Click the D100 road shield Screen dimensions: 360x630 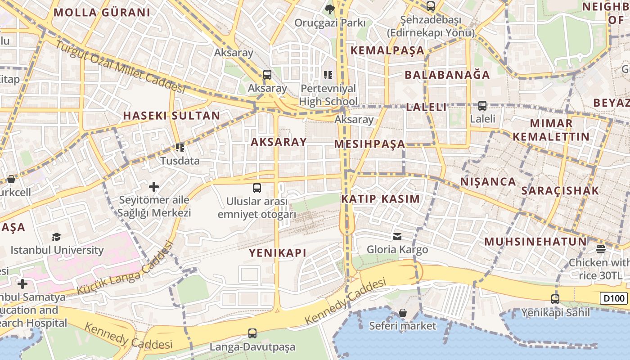pyautogui.click(x=614, y=298)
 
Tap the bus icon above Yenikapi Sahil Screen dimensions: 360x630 pyautogui.click(x=555, y=299)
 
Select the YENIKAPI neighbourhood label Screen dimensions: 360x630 pyautogui.click(x=278, y=253)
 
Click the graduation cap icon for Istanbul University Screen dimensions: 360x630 pyautogui.click(x=56, y=237)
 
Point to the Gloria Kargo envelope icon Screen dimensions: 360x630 pyautogui.click(x=397, y=236)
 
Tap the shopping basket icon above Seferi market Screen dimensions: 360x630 pyautogui.click(x=403, y=312)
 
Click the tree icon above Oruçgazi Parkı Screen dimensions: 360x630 pyautogui.click(x=330, y=9)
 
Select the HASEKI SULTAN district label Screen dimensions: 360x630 pyautogui.click(x=171, y=116)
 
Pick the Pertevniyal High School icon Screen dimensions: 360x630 pyautogui.click(x=328, y=75)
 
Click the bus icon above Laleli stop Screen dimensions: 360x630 pyautogui.click(x=482, y=106)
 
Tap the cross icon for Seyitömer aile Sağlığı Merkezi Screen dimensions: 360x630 pyautogui.click(x=154, y=186)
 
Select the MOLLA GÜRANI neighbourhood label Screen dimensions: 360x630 pyautogui.click(x=102, y=13)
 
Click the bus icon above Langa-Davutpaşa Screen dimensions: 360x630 pyautogui.click(x=252, y=333)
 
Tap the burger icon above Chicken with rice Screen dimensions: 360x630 pyautogui.click(x=601, y=249)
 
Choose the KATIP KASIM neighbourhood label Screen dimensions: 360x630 pyautogui.click(x=380, y=199)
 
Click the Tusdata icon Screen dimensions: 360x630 pyautogui.click(x=180, y=147)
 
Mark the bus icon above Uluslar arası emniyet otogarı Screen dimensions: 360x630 pyautogui.click(x=257, y=188)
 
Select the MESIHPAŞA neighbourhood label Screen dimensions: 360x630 pyautogui.click(x=369, y=144)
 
